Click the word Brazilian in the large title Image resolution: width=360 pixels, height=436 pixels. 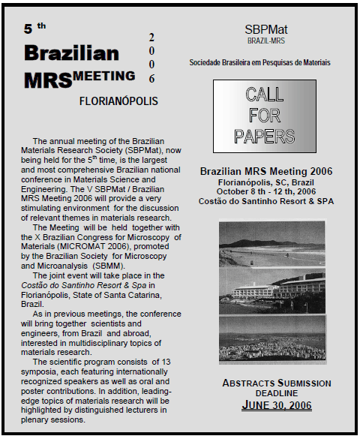click(x=71, y=53)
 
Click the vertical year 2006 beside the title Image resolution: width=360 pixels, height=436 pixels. click(x=151, y=58)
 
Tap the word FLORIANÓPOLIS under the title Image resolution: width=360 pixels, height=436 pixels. click(x=118, y=101)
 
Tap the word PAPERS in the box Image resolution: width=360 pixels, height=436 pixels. click(x=264, y=136)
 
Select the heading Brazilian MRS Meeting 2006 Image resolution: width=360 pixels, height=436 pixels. click(x=265, y=171)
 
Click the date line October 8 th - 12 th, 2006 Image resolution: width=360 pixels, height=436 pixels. click(x=265, y=191)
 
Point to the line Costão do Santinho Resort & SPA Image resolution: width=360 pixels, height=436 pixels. click(x=265, y=201)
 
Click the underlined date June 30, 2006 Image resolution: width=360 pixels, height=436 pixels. click(x=277, y=406)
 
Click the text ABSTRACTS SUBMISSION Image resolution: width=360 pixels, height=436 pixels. click(x=277, y=383)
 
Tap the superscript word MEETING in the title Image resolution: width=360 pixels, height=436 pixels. click(x=106, y=75)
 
